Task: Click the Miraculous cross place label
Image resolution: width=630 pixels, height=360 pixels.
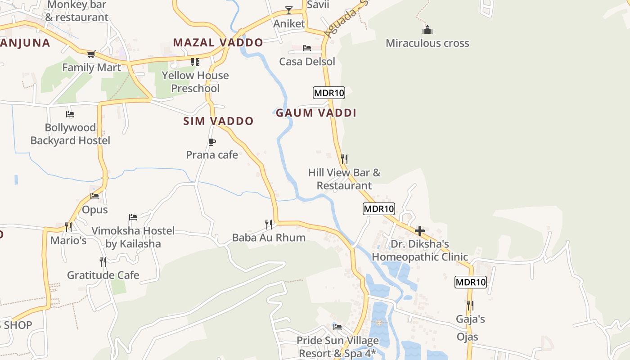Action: [x=427, y=44]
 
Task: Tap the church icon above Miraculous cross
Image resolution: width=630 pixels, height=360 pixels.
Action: [x=427, y=30]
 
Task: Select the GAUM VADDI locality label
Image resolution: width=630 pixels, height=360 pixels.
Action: [x=316, y=113]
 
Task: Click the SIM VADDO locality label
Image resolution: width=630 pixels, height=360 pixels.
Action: [x=218, y=121]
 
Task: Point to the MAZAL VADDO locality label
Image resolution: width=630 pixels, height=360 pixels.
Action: [x=218, y=43]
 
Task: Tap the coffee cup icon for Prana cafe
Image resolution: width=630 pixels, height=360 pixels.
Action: [x=212, y=142]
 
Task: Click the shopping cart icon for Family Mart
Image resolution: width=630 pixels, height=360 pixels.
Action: [x=91, y=54]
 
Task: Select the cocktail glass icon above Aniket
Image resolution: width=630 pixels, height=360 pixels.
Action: [x=289, y=10]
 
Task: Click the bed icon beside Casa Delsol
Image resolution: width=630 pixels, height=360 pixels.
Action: [x=307, y=48]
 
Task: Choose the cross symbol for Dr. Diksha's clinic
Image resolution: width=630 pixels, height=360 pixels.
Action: [x=420, y=231]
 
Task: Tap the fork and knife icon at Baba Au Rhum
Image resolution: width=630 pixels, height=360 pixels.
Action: [x=269, y=224]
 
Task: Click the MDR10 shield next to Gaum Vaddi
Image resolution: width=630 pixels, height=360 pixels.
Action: [x=328, y=93]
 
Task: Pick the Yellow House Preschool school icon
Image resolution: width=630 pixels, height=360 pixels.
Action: [x=195, y=62]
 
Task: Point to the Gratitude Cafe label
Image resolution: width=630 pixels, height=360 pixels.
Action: [x=103, y=275]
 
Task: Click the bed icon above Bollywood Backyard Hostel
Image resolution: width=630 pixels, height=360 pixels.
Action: [x=70, y=114]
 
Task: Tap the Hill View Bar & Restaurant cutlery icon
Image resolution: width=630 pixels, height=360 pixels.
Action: [x=344, y=159]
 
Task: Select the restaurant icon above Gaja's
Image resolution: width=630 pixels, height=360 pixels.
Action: [x=470, y=306]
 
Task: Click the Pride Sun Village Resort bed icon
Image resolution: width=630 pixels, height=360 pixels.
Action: [x=337, y=327]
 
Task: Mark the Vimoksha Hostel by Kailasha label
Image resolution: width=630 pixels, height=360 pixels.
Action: [x=133, y=237]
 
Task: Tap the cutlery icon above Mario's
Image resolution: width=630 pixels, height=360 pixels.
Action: [x=68, y=226]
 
